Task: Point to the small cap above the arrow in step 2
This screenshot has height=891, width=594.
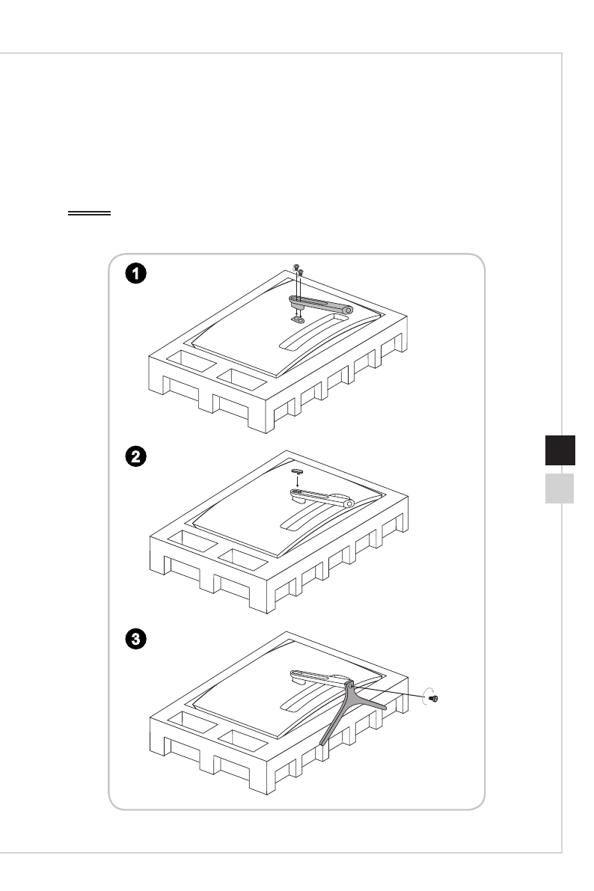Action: (x=298, y=471)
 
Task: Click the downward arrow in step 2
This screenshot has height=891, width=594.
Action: (x=298, y=483)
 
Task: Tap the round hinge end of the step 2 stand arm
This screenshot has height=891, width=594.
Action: (x=348, y=504)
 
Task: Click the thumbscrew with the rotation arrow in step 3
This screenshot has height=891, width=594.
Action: (x=435, y=698)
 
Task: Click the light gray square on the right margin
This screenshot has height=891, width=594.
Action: (x=558, y=488)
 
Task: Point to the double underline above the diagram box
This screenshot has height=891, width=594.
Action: (x=89, y=213)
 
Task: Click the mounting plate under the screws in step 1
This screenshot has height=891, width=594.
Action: (x=298, y=317)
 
